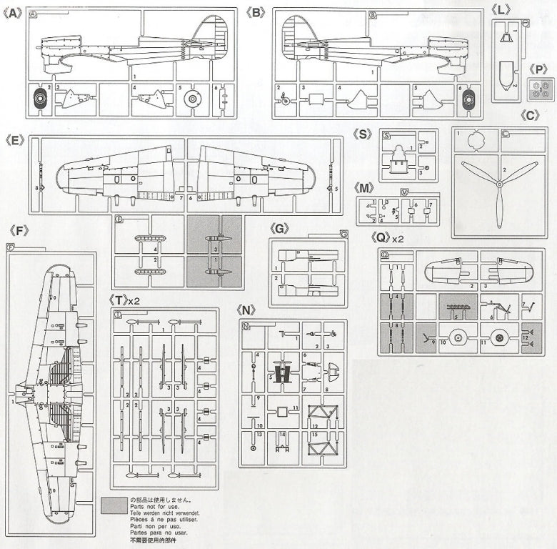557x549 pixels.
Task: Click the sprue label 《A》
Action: tap(14, 12)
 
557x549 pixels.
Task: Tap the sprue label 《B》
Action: tap(257, 12)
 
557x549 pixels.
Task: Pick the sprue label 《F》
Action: tap(19, 231)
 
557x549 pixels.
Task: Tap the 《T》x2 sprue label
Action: tap(126, 301)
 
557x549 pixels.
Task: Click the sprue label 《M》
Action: tap(365, 187)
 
